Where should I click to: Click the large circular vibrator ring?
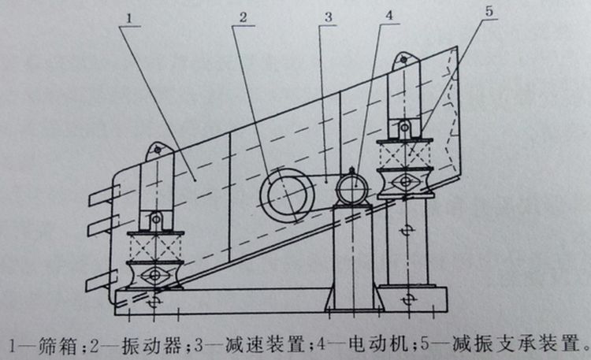click(284, 194)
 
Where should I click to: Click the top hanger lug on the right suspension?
click(403, 61)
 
